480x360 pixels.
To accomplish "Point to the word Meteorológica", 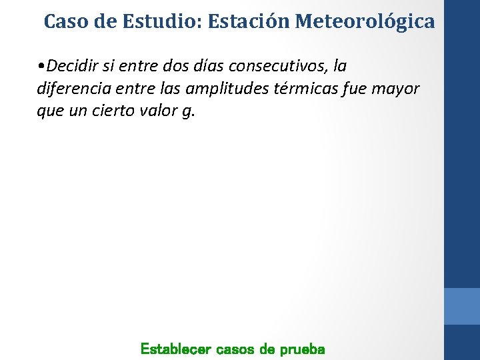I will click(x=365, y=21).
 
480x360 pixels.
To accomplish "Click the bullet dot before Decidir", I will click(x=42, y=67).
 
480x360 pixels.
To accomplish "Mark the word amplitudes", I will click(x=230, y=89).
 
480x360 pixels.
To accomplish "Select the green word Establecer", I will click(x=175, y=349).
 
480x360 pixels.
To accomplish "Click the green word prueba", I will click(x=302, y=349).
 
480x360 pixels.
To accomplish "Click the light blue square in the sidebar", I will click(x=462, y=306).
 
